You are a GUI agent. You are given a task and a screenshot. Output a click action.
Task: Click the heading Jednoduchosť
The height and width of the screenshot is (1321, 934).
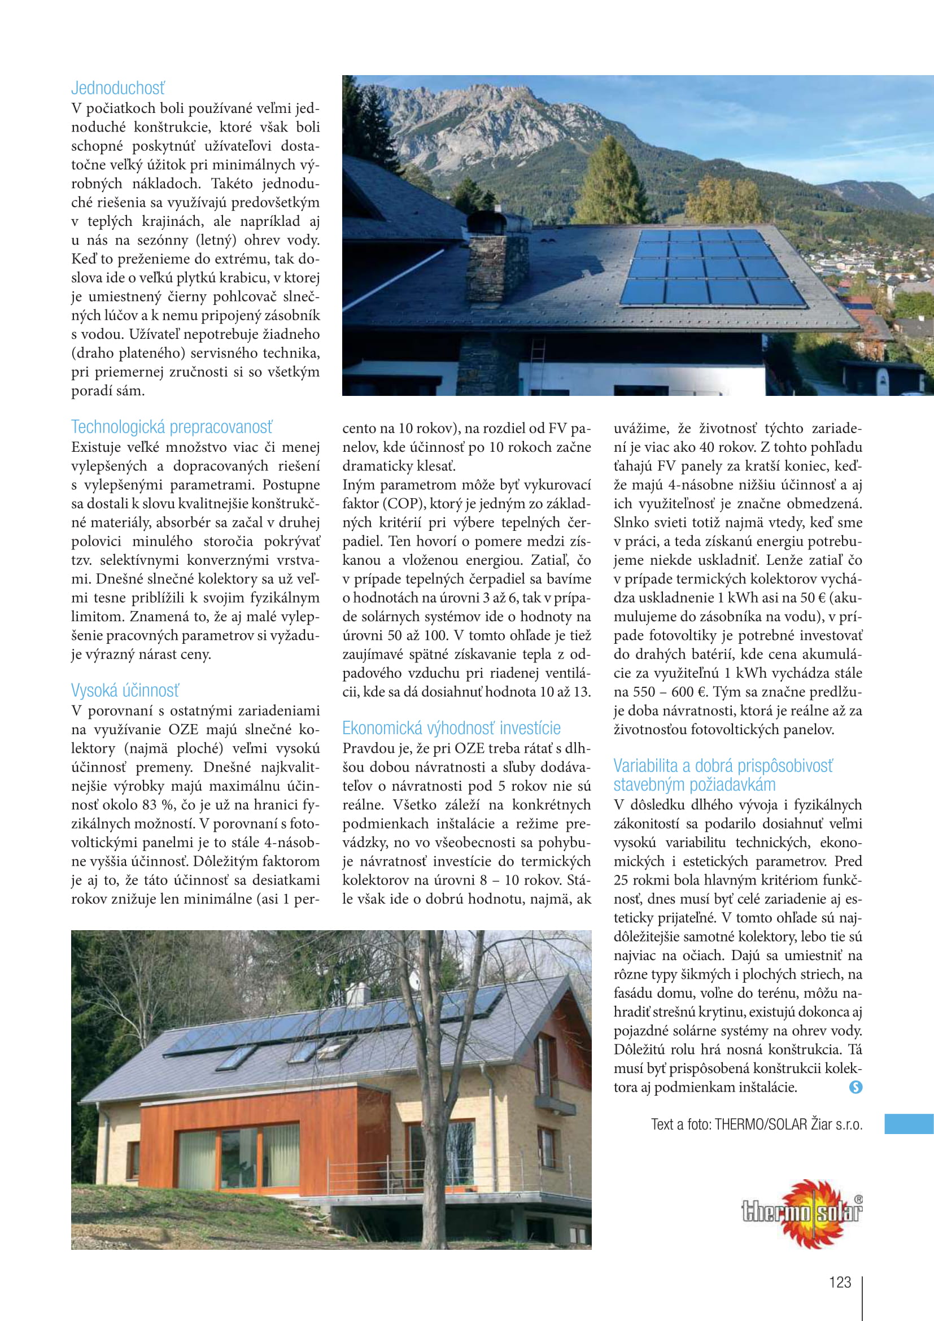click(x=118, y=88)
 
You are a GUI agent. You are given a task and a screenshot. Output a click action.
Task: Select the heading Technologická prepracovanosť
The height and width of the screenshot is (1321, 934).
click(x=172, y=427)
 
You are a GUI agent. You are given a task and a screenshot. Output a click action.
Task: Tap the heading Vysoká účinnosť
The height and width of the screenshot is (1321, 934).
click(x=125, y=690)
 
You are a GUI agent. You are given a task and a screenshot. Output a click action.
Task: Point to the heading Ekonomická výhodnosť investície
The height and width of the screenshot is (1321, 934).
click(x=451, y=728)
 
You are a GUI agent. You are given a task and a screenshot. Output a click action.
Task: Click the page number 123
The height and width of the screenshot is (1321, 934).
click(x=840, y=1282)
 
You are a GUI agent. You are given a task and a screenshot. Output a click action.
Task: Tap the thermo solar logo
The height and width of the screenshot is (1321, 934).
click(x=803, y=1211)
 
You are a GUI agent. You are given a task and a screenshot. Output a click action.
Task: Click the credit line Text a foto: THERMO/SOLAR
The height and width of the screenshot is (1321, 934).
click(x=756, y=1124)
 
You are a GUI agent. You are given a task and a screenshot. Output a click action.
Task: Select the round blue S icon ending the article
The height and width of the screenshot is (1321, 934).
click(x=856, y=1087)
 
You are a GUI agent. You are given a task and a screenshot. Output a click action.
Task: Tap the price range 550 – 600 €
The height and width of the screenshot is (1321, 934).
click(x=667, y=692)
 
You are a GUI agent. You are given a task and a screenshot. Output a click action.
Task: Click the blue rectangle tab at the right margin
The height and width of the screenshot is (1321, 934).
click(x=909, y=1124)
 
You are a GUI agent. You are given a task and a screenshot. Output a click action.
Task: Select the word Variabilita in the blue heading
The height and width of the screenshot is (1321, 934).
click(x=645, y=766)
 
